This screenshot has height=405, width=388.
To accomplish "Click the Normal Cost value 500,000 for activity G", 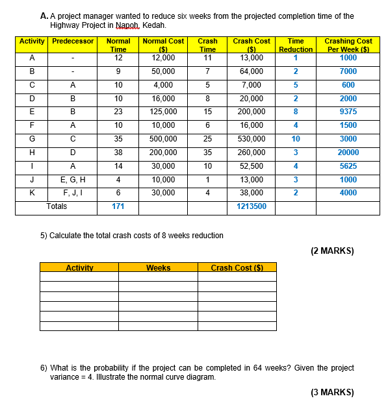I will [162, 138].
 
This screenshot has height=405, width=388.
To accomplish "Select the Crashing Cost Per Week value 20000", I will [348, 153].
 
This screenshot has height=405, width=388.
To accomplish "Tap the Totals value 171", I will [118, 206].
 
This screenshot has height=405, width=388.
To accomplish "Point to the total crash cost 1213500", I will [252, 206].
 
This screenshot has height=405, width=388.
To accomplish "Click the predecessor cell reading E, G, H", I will [73, 179].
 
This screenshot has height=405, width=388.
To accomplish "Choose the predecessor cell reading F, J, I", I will [73, 193].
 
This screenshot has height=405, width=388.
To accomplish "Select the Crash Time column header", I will [207, 45].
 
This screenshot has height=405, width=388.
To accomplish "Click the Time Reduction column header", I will [296, 45].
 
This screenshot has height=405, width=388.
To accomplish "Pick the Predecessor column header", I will [73, 41].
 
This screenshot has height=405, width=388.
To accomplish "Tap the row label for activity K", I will [31, 193].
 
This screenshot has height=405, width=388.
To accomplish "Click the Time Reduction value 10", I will [296, 138].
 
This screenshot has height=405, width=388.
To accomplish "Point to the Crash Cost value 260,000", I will [252, 153].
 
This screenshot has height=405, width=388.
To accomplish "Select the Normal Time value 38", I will [118, 153].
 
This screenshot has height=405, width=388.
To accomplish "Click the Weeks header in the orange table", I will [159, 267].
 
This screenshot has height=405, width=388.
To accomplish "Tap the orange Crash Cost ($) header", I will [236, 267].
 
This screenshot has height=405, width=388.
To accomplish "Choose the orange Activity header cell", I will [79, 267].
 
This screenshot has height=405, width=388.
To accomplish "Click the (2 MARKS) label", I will [331, 251].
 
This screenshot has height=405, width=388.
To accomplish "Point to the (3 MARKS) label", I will [331, 392].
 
